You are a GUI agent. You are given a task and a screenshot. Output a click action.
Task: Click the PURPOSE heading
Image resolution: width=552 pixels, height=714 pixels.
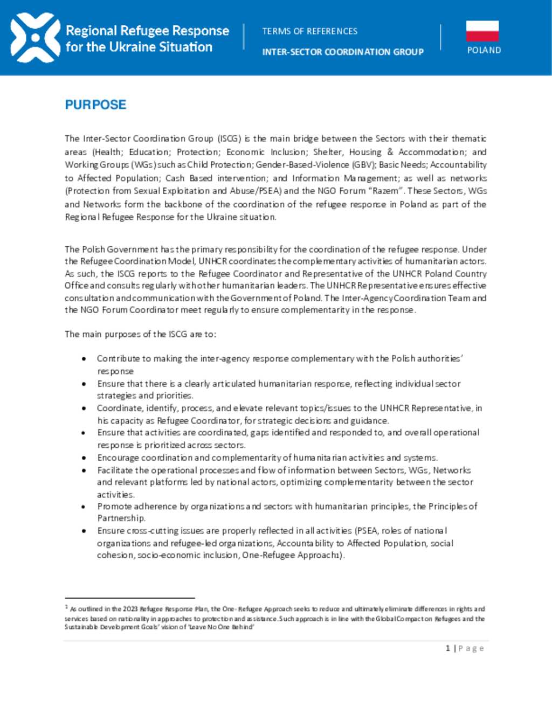pyautogui.click(x=95, y=105)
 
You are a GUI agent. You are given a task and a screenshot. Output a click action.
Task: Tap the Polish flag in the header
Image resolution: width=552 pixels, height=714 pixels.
pyautogui.click(x=482, y=31)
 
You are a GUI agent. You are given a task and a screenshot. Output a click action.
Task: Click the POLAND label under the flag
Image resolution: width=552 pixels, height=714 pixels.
pyautogui.click(x=484, y=50)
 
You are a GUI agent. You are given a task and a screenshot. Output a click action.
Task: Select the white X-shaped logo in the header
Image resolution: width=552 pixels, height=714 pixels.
pyautogui.click(x=35, y=38)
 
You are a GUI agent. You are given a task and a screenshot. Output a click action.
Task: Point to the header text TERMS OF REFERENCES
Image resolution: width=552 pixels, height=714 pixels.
pyautogui.click(x=309, y=31)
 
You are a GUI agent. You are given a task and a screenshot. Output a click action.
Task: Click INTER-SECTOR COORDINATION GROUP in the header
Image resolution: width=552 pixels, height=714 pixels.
pyautogui.click(x=343, y=52)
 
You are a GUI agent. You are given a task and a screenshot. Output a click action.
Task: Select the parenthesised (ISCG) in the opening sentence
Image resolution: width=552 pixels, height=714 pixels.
pyautogui.click(x=230, y=138)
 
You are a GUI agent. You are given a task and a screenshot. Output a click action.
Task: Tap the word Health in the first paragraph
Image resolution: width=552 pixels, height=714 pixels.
pyautogui.click(x=108, y=152)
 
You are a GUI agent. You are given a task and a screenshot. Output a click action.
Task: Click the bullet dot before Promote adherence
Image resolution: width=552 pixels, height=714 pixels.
pyautogui.click(x=84, y=507)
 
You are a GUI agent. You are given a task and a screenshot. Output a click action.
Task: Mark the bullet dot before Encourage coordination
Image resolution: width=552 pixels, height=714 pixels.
pyautogui.click(x=84, y=457)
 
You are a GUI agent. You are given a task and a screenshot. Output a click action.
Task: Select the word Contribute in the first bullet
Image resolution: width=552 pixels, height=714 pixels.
pyautogui.click(x=118, y=358)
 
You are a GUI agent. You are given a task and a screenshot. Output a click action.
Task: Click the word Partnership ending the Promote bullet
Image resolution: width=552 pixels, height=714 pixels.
pyautogui.click(x=121, y=518)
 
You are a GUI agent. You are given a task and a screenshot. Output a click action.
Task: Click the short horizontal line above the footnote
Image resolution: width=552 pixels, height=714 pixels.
pyautogui.click(x=129, y=598)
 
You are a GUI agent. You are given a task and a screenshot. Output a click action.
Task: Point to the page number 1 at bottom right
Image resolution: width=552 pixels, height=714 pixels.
pyautogui.click(x=448, y=648)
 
